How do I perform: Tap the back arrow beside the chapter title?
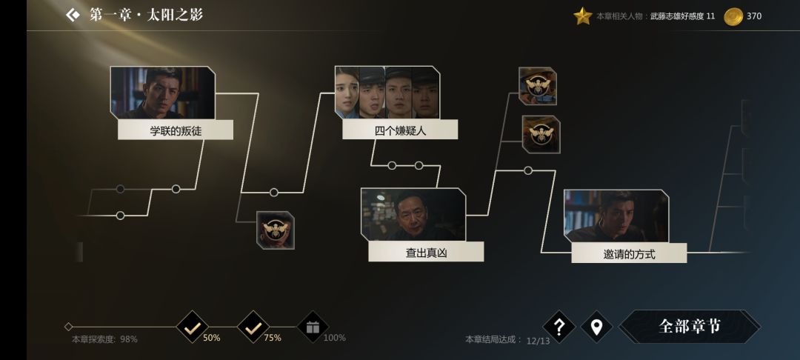[x=72, y=15]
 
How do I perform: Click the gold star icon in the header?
[x=583, y=16]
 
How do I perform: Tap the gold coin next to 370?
[x=733, y=16]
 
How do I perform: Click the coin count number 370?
[x=754, y=16]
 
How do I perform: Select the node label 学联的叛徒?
[x=176, y=131]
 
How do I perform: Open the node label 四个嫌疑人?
[x=400, y=131]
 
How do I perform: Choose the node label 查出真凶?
[x=426, y=253]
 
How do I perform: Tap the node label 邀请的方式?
[x=629, y=254]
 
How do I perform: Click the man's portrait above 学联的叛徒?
[x=163, y=92]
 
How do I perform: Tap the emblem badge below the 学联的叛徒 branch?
[x=276, y=230]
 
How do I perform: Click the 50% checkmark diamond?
[x=193, y=327]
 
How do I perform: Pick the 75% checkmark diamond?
[x=253, y=327]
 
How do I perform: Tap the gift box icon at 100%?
[x=313, y=327]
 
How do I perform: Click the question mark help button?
[x=559, y=327]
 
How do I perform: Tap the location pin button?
[x=596, y=327]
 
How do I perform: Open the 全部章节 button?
[x=690, y=327]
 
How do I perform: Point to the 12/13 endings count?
[x=539, y=341]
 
